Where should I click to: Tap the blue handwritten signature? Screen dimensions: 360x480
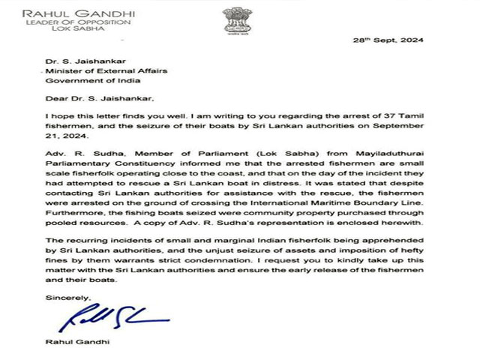point(112,319)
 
